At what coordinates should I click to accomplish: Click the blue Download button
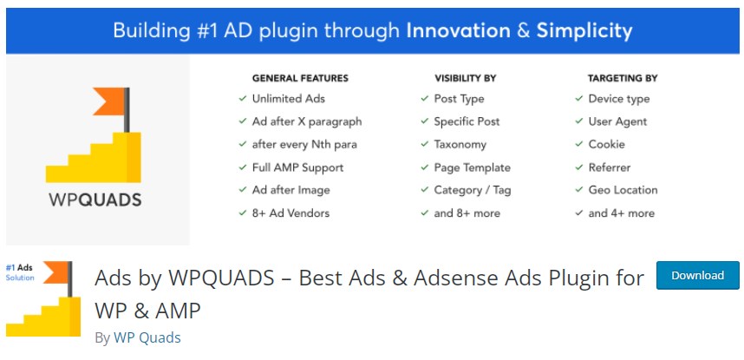(697, 276)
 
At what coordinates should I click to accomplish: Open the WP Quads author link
(147, 337)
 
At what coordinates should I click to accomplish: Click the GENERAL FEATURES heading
(300, 78)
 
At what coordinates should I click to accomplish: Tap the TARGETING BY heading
(622, 78)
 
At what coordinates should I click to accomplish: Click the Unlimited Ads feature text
(289, 99)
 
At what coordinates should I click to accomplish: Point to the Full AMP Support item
(297, 167)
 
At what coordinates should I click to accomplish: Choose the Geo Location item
(623, 190)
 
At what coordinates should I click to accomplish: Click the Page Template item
(472, 167)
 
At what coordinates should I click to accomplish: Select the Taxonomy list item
(460, 144)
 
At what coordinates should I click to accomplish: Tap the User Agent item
(617, 121)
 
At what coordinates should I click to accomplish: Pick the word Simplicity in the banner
(584, 31)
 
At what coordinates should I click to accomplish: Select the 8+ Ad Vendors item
(290, 213)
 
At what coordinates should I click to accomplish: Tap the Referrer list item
(609, 167)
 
